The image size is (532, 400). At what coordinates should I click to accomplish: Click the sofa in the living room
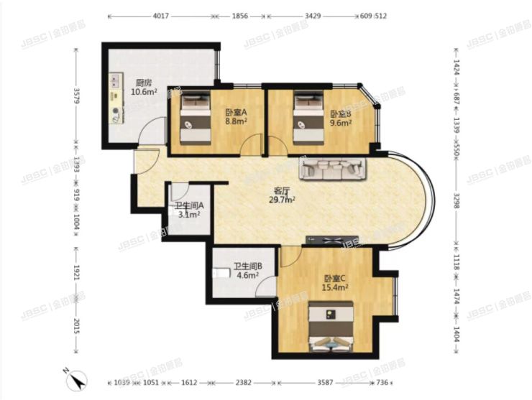[333, 169]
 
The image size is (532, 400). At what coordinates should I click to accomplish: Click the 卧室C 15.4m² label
[335, 283]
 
